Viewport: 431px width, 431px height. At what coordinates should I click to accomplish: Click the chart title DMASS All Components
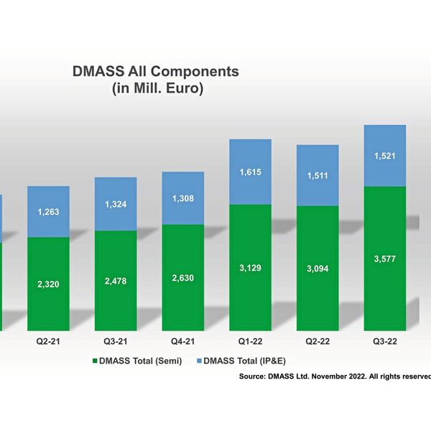(155, 72)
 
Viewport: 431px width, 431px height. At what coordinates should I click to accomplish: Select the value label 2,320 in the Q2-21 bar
(48, 284)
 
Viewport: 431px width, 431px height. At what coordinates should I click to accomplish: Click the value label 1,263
(48, 211)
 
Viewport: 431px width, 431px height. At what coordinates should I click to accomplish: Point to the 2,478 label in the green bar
(116, 280)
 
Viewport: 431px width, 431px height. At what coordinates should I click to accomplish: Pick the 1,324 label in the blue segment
(116, 205)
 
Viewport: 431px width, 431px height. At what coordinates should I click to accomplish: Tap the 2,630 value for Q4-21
(183, 277)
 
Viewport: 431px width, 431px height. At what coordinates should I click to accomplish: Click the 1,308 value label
(183, 198)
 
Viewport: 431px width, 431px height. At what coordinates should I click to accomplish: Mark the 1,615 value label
(250, 172)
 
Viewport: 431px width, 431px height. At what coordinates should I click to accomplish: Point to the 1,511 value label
(318, 175)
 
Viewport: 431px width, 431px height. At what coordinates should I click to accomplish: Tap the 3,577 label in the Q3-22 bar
(385, 259)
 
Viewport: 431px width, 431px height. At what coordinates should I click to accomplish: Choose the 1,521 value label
(385, 156)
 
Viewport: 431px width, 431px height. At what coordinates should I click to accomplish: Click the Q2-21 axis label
(48, 342)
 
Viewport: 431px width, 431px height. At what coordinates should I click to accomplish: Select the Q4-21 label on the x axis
(183, 342)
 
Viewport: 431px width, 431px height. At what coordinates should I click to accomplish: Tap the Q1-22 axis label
(250, 342)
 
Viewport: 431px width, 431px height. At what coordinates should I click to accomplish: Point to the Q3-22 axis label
(385, 342)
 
